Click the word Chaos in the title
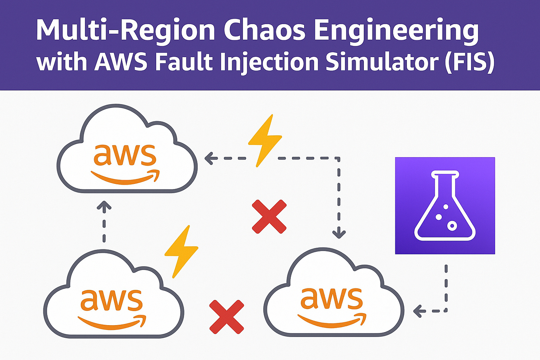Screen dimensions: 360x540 point(264,30)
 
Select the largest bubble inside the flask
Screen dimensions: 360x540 point(452,225)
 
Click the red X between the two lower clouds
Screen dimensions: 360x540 point(227,317)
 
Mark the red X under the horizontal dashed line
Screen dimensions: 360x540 point(269,217)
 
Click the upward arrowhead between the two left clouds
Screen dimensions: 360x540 point(104,205)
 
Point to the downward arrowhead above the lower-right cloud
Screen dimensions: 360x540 point(339,234)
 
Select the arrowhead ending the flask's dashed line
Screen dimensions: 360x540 point(418,311)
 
